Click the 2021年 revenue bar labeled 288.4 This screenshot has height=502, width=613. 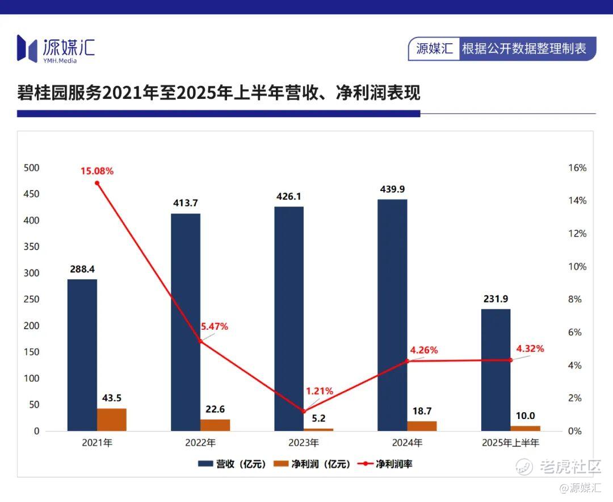click(82, 355)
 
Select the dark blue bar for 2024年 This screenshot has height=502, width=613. click(392, 315)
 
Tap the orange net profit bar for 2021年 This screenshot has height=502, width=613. click(112, 420)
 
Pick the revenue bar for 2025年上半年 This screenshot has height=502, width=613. click(496, 370)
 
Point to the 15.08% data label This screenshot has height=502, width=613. click(97, 171)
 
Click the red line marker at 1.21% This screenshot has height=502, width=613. click(304, 411)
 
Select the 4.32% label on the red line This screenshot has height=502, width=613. click(530, 349)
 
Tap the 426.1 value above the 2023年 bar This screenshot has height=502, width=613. click(289, 197)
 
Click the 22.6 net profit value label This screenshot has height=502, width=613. click(216, 409)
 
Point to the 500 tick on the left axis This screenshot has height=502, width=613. click(32, 168)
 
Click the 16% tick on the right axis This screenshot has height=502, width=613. click(577, 168)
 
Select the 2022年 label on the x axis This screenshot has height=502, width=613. click(201, 442)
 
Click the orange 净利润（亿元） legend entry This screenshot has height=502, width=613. click(312, 464)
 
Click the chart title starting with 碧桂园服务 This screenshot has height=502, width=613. click(219, 93)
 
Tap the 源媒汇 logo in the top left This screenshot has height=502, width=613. click(56, 48)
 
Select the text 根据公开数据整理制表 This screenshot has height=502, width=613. click(523, 49)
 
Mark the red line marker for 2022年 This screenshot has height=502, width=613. click(200, 341)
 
